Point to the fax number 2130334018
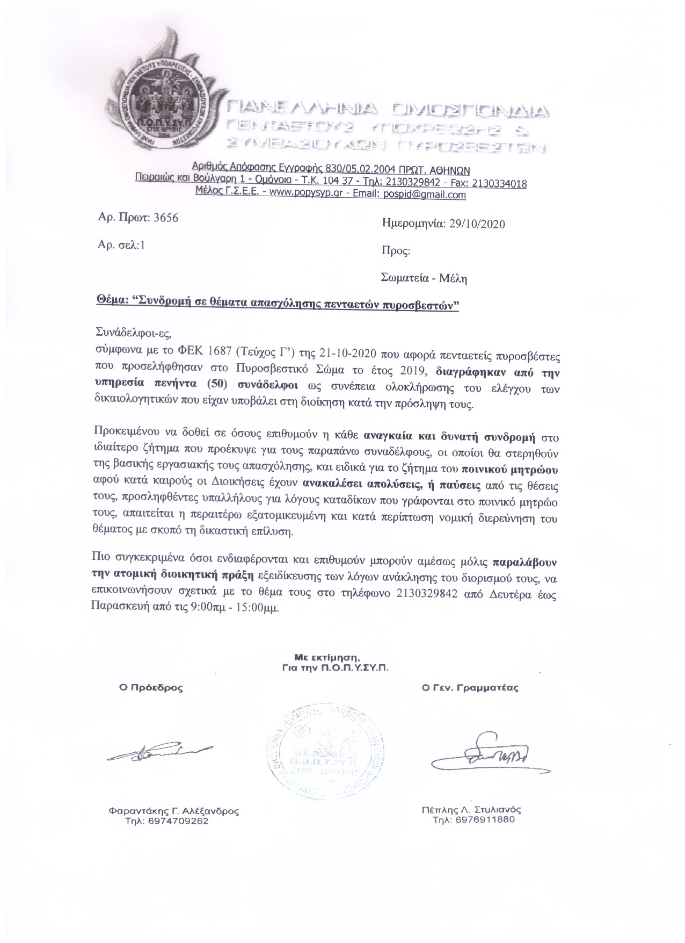(498, 184)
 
